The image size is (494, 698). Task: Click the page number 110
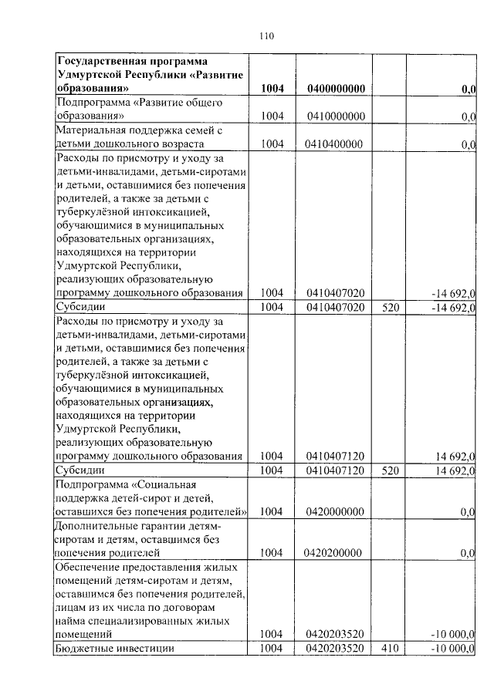(x=267, y=35)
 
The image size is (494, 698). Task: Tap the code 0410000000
(x=335, y=116)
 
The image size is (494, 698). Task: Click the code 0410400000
(x=335, y=143)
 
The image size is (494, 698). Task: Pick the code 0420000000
(x=335, y=511)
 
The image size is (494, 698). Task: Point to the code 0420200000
(x=335, y=552)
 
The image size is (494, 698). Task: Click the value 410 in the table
(x=388, y=649)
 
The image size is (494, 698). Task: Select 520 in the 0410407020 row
(x=388, y=307)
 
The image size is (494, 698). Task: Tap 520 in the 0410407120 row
(x=388, y=470)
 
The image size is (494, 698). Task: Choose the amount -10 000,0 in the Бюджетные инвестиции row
(x=452, y=649)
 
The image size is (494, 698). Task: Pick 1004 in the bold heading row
(x=272, y=90)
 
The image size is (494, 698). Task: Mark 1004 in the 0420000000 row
(x=272, y=511)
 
